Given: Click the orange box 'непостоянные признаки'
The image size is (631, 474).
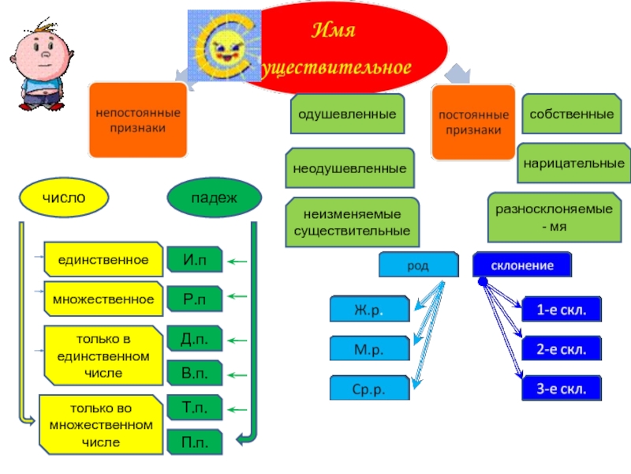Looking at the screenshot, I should (138, 119).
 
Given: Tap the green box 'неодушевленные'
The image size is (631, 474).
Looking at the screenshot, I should (349, 169).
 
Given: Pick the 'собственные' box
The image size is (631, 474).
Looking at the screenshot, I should (572, 115).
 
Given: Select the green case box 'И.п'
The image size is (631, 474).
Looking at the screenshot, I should (195, 259).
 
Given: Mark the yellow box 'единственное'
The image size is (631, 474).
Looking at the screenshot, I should (103, 259).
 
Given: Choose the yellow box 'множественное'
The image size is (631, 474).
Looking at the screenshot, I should (103, 299).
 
